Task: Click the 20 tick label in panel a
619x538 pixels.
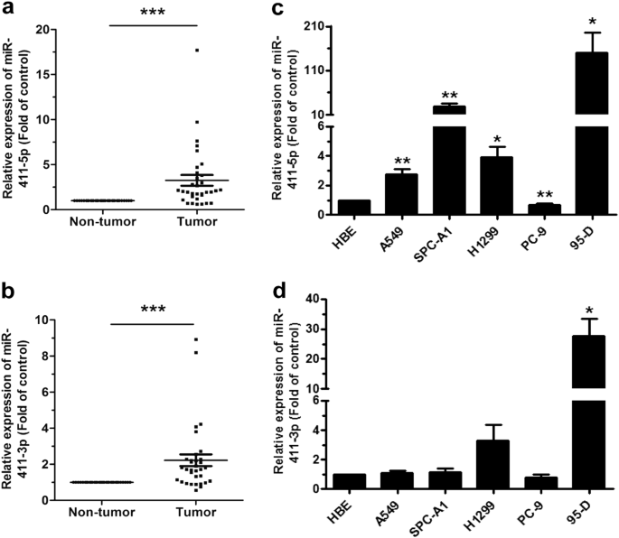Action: (40, 29)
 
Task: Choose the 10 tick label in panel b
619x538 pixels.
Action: (40, 320)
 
